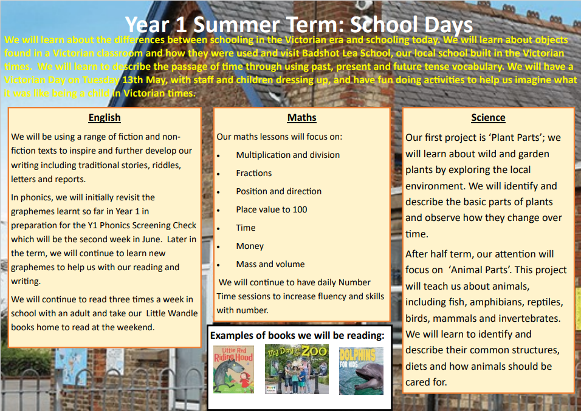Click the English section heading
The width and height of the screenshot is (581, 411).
coord(105,118)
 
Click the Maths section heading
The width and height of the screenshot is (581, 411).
coord(302,118)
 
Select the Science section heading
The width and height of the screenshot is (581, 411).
coord(488,118)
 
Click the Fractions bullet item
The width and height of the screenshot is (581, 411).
coord(253,173)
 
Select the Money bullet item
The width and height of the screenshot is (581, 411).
coord(250,246)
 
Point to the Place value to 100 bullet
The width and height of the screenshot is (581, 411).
coord(271,209)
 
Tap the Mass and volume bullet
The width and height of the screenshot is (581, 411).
coord(270,264)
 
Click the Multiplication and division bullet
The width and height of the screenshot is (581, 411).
coord(287,155)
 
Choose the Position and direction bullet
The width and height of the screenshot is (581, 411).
coord(278,191)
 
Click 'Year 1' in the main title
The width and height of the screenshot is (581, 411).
coord(157,24)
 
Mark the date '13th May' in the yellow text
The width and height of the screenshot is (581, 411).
coord(132,80)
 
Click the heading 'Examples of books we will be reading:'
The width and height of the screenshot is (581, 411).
coord(297,335)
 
